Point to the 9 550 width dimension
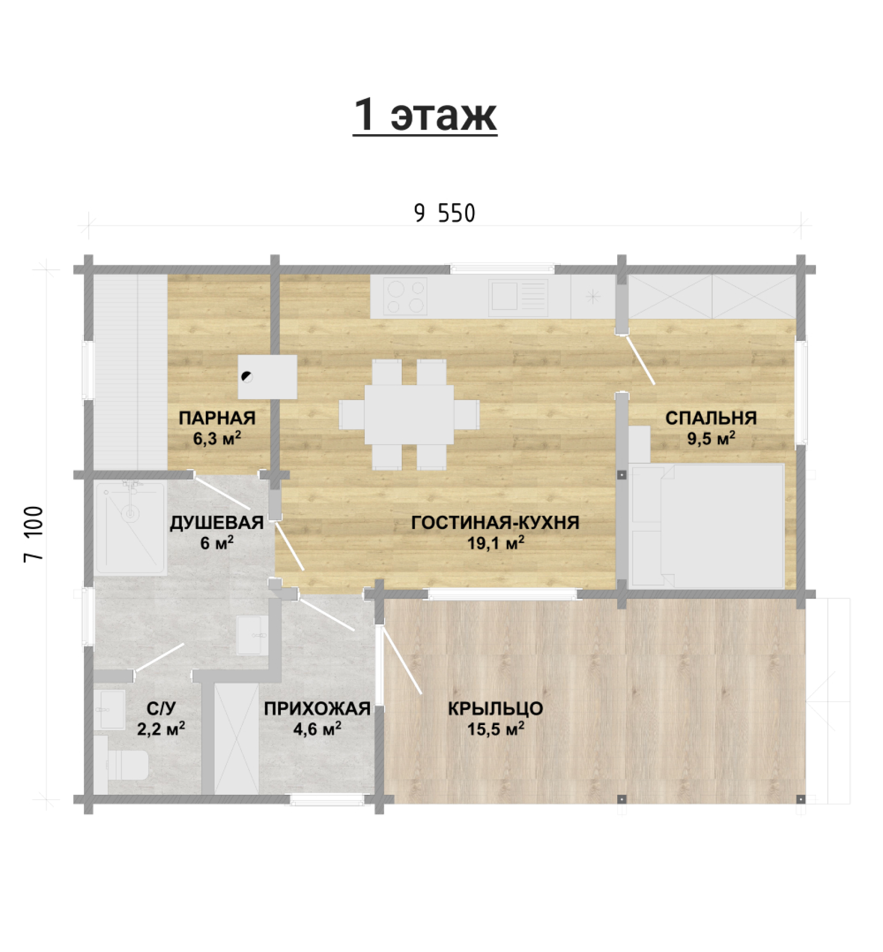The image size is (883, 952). coord(445,214)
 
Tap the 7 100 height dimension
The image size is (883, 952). coord(34,534)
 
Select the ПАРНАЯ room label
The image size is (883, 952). coord(217,418)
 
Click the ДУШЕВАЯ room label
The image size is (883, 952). coord(217,523)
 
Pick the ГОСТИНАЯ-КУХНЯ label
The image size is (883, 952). coord(495,522)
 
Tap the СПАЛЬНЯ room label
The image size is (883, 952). coord(711,418)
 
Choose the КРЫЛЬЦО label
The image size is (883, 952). coord(495,708)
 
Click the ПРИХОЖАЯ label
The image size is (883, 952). coord(317,708)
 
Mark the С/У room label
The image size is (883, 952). coord(161,708)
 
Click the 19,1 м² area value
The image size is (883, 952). coord(495,543)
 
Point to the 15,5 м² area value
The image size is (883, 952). coord(495,729)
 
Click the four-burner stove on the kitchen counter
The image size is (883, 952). coord(405,296)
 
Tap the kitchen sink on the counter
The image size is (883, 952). coord(518,296)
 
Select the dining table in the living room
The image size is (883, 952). coord(409,415)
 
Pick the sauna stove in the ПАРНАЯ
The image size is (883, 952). coord(267,377)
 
